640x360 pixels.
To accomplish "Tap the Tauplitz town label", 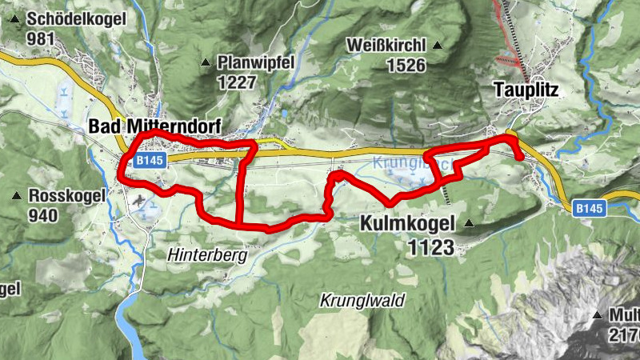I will click(526, 90).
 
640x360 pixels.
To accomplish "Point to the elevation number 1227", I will click(237, 82).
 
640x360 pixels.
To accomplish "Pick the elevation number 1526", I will click(406, 66).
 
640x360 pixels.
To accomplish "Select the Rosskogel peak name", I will click(66, 195).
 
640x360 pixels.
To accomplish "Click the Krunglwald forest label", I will click(362, 301).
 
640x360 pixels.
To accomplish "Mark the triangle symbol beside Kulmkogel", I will click(469, 223).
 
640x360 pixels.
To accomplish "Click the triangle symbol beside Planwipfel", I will click(206, 62).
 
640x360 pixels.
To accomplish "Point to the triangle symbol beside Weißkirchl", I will click(437, 46).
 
